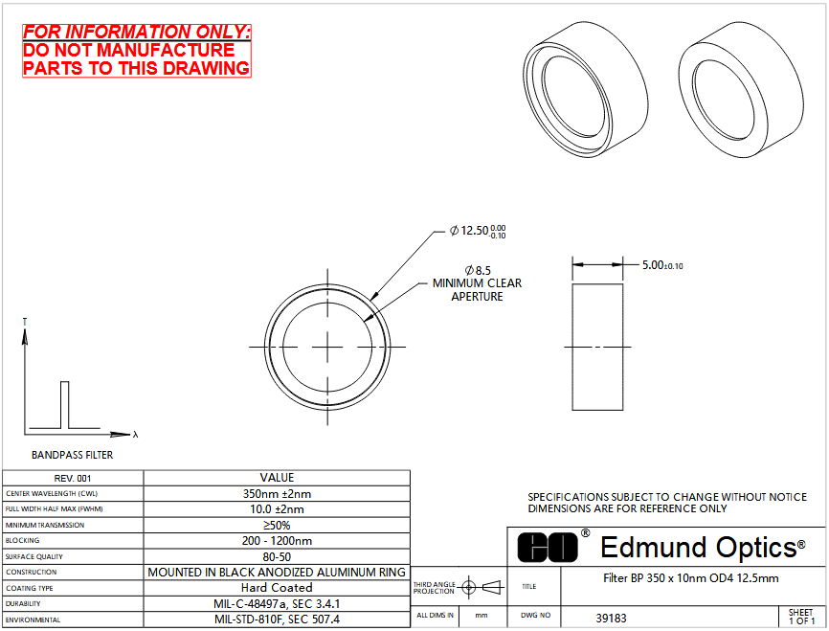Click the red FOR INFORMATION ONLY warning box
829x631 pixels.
point(136,51)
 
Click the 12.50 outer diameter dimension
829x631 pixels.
point(478,231)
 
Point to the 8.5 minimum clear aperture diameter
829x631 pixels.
point(478,270)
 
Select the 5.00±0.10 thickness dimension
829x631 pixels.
point(662,265)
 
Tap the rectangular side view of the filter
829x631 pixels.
point(597,347)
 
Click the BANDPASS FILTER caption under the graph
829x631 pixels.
point(73,455)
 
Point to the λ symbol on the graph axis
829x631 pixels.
point(136,435)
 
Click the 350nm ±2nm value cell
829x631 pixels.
point(277,493)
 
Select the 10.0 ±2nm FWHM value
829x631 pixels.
point(277,509)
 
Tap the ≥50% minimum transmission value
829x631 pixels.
point(277,526)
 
